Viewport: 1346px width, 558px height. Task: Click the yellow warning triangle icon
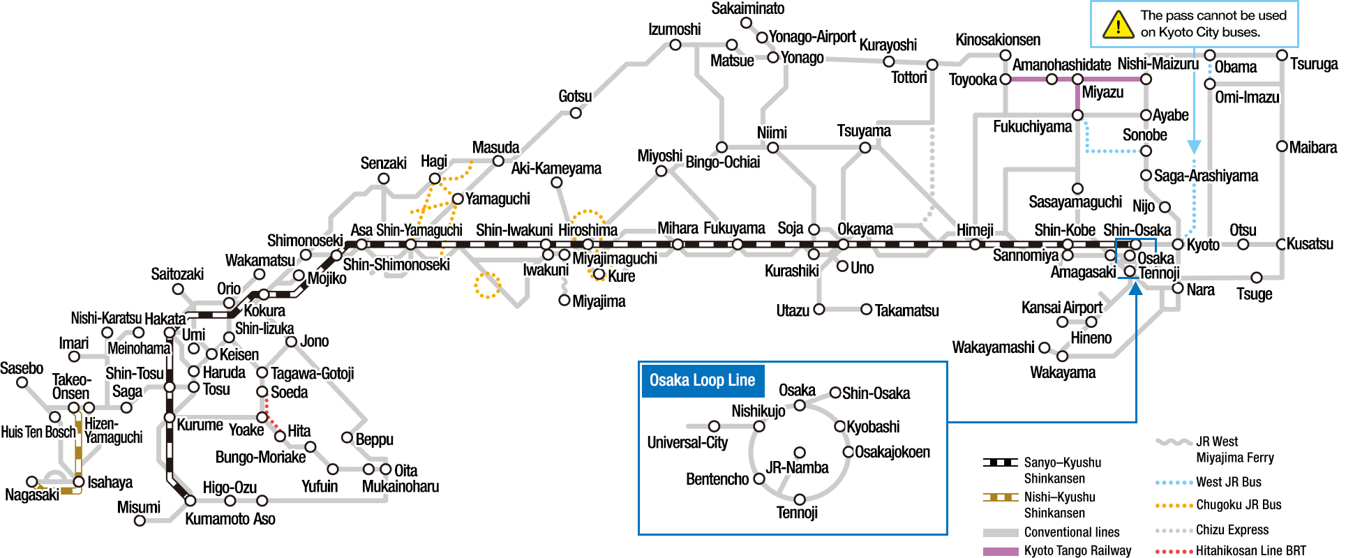click(x=1118, y=25)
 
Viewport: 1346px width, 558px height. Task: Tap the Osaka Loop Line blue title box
click(x=703, y=381)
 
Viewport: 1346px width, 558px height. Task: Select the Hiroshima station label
click(x=588, y=230)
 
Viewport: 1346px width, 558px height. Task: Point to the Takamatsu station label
click(x=906, y=310)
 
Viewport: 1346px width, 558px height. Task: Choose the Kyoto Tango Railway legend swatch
click(x=1001, y=551)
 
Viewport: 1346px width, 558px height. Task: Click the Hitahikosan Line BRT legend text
click(x=1250, y=551)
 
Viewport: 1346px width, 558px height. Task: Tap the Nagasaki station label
click(x=32, y=495)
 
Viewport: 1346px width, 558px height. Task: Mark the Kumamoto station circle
click(x=190, y=501)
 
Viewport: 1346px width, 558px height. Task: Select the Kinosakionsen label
click(x=998, y=40)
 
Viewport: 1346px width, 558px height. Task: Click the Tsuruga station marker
click(x=1282, y=55)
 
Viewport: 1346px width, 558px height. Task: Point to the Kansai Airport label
click(x=1062, y=308)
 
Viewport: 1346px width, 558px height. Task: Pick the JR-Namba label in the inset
click(x=797, y=468)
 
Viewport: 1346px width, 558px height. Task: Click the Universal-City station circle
click(x=714, y=426)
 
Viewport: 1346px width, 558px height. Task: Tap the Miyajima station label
click(x=599, y=301)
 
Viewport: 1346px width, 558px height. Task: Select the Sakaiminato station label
click(x=748, y=8)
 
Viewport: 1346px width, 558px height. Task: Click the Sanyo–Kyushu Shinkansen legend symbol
click(x=1001, y=462)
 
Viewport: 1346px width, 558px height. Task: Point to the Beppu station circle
click(x=347, y=437)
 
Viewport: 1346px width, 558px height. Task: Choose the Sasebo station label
click(x=22, y=368)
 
